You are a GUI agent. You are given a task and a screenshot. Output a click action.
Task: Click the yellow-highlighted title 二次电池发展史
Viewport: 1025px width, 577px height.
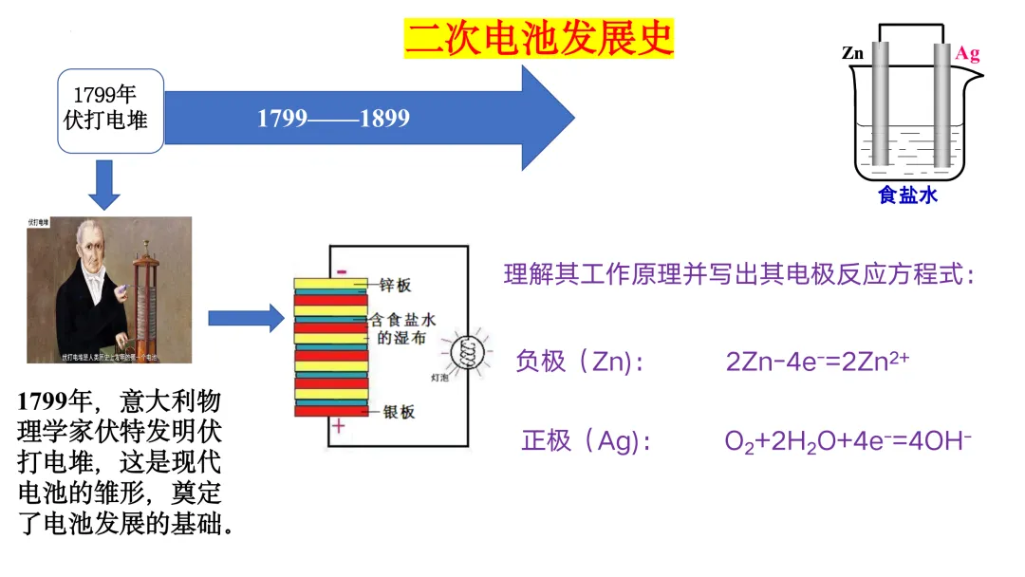(x=539, y=38)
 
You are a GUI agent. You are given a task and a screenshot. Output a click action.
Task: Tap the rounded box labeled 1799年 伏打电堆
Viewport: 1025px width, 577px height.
(x=110, y=110)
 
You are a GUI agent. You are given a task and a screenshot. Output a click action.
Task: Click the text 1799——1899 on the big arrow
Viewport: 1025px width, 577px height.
(x=334, y=119)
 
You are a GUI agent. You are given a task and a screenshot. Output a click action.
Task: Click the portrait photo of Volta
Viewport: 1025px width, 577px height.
(x=109, y=289)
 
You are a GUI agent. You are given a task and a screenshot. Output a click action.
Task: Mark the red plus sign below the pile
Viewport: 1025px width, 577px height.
(x=339, y=428)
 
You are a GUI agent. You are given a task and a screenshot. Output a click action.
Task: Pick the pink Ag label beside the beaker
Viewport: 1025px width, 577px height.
(x=967, y=53)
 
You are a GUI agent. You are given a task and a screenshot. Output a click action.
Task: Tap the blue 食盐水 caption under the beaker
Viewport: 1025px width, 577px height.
(x=907, y=195)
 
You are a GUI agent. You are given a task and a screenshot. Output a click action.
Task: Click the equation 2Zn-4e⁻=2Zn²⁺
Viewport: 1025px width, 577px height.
(x=818, y=361)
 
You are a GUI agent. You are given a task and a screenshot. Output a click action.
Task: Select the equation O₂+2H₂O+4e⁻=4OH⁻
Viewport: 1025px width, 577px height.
(x=848, y=441)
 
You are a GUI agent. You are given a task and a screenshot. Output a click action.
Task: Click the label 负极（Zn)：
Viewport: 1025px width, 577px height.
(x=578, y=362)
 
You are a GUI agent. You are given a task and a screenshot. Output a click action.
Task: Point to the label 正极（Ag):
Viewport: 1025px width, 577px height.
(x=586, y=441)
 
